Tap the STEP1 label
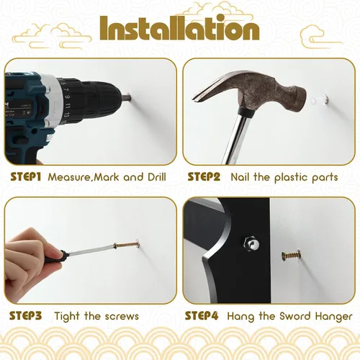[x=26, y=177]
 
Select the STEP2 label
[x=204, y=177]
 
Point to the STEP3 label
[x=26, y=316]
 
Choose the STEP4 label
[x=202, y=316]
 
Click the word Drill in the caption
[x=157, y=177]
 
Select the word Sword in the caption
[x=295, y=316]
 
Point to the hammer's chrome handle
[x=234, y=139]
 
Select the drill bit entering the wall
[x=126, y=97]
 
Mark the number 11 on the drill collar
[x=68, y=105]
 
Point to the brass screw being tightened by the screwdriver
[x=127, y=245]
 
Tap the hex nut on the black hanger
[x=251, y=244]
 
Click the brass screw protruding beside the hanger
[x=292, y=256]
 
